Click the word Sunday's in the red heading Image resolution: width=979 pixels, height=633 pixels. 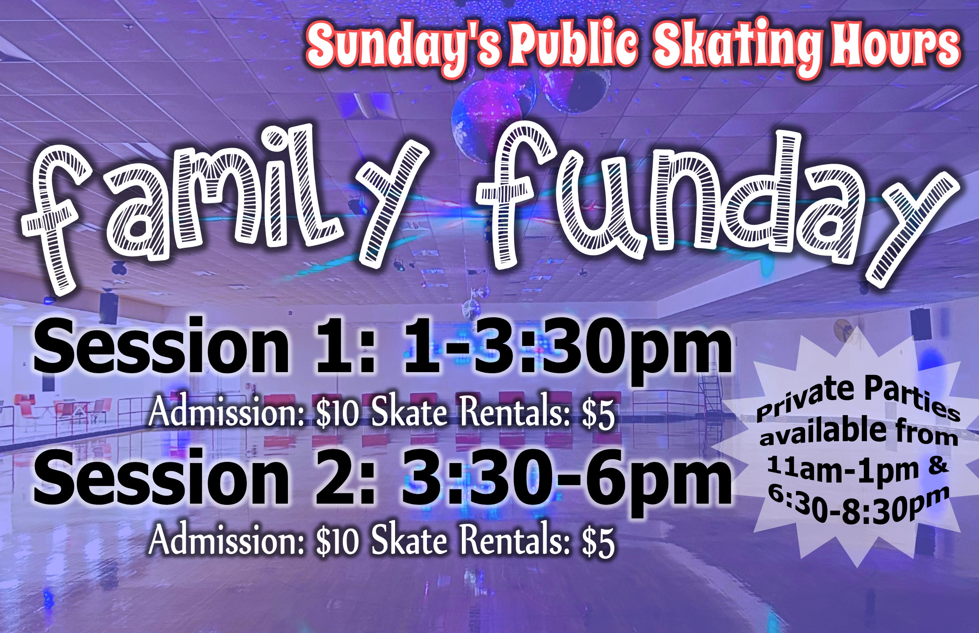tap(404, 48)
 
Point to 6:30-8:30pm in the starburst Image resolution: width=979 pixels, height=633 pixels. tap(858, 508)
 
